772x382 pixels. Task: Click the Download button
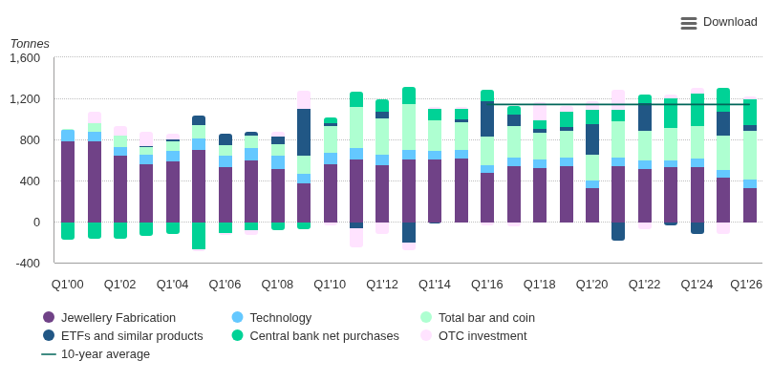(718, 22)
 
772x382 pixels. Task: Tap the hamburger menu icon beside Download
(689, 23)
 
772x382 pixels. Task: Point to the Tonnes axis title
(30, 44)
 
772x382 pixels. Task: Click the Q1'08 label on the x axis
(277, 285)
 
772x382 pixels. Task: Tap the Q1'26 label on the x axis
(746, 285)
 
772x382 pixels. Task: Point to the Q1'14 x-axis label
(435, 285)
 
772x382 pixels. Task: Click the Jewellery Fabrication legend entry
(109, 318)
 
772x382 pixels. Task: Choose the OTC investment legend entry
(474, 336)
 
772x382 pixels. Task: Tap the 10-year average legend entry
(96, 354)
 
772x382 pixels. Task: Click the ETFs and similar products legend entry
(122, 336)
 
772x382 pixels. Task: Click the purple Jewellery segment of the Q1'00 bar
(68, 181)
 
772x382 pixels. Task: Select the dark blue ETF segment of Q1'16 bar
(487, 118)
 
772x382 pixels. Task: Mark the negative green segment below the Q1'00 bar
(68, 231)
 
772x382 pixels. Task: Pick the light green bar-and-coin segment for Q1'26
(750, 155)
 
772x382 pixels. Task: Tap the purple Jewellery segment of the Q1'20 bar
(592, 205)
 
